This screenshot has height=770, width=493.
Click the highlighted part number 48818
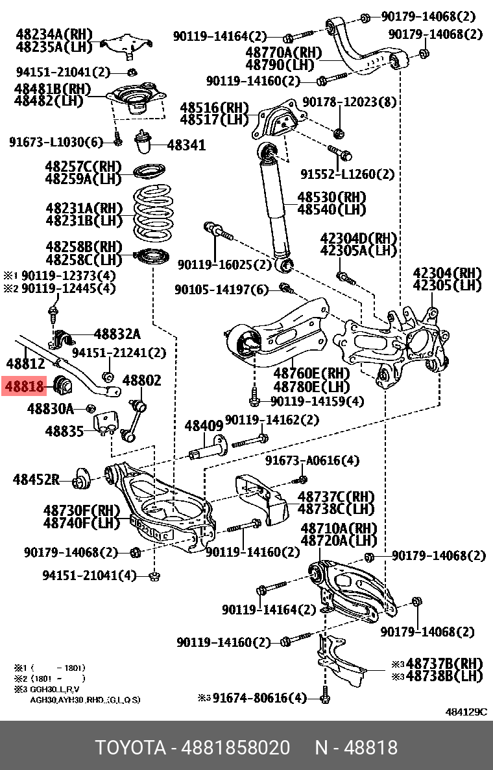coord(25,387)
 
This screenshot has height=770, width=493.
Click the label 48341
coord(186,145)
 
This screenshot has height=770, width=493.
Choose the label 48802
coord(141,380)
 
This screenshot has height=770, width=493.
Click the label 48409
coord(204,426)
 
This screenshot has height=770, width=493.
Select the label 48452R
coord(36,480)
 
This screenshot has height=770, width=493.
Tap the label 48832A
coord(117,334)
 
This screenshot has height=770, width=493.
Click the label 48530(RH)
coord(331,196)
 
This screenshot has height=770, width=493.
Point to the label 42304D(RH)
coord(358,238)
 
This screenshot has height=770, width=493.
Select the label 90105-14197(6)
coord(221,290)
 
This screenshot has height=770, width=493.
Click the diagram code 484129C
coord(465,712)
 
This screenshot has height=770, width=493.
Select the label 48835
coord(65,430)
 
